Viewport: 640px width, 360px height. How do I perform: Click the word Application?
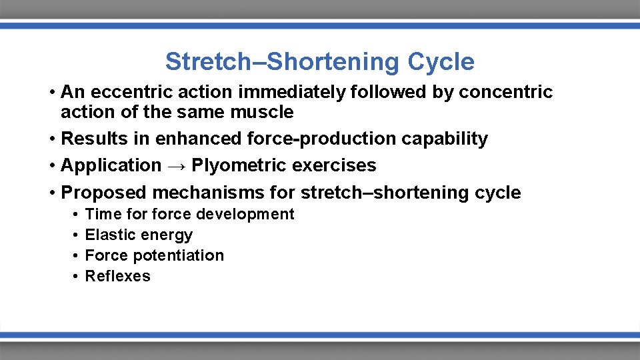coord(111,165)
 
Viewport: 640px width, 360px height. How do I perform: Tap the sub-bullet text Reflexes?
coord(118,276)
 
